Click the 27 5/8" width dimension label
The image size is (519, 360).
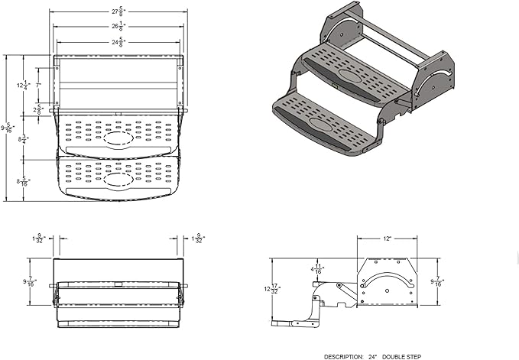[116, 11]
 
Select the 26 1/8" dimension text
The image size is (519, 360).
[116, 26]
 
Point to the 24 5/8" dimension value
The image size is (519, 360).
[116, 42]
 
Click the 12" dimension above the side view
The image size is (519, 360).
[388, 239]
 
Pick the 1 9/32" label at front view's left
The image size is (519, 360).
[38, 238]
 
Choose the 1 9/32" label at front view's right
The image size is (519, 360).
[198, 238]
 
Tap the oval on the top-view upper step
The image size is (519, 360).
[117, 141]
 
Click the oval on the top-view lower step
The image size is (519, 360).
[117, 180]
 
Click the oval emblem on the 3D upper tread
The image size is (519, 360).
[352, 76]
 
